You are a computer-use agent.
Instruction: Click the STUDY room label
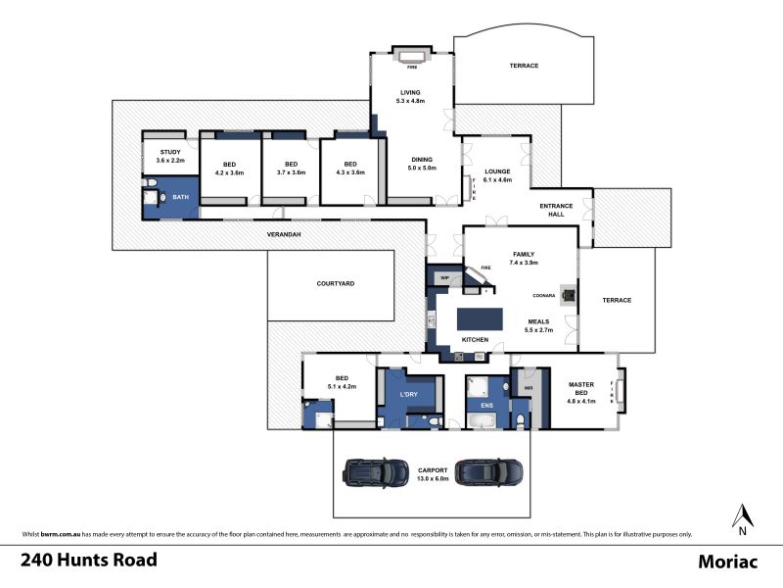[x=170, y=152]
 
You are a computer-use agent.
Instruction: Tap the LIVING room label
[x=410, y=92]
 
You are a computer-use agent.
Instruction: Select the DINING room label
[x=422, y=160]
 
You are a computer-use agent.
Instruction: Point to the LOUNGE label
[x=497, y=171]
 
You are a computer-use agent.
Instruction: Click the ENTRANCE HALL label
[x=556, y=210]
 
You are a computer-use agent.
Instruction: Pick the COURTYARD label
[x=336, y=283]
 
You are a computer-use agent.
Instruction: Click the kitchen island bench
[x=480, y=319]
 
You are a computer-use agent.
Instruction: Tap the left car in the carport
[x=369, y=472]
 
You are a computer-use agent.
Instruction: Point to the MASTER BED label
[x=581, y=388]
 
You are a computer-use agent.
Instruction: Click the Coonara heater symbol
[x=568, y=295]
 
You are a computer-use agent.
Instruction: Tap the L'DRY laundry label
[x=408, y=395]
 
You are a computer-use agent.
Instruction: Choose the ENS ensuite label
[x=486, y=406]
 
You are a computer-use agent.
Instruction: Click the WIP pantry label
[x=444, y=278]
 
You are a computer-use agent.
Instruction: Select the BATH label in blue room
[x=181, y=197]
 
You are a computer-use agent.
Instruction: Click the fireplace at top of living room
[x=411, y=55]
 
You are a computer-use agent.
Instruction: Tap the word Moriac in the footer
[x=727, y=562]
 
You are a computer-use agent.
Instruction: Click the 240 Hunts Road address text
[x=89, y=560]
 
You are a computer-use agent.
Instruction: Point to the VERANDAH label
[x=284, y=234]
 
